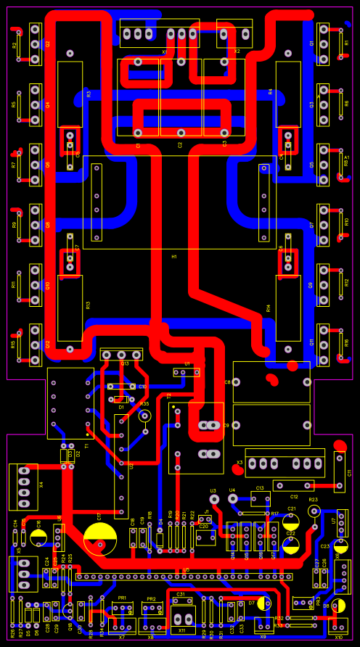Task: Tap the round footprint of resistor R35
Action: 144,416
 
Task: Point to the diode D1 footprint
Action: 121,399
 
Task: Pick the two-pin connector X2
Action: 234,34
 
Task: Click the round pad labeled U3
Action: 213,500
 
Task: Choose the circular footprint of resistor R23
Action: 314,511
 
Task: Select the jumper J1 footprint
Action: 206,519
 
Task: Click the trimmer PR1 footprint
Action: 122,609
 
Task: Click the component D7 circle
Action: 262,603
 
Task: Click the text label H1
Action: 174,257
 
